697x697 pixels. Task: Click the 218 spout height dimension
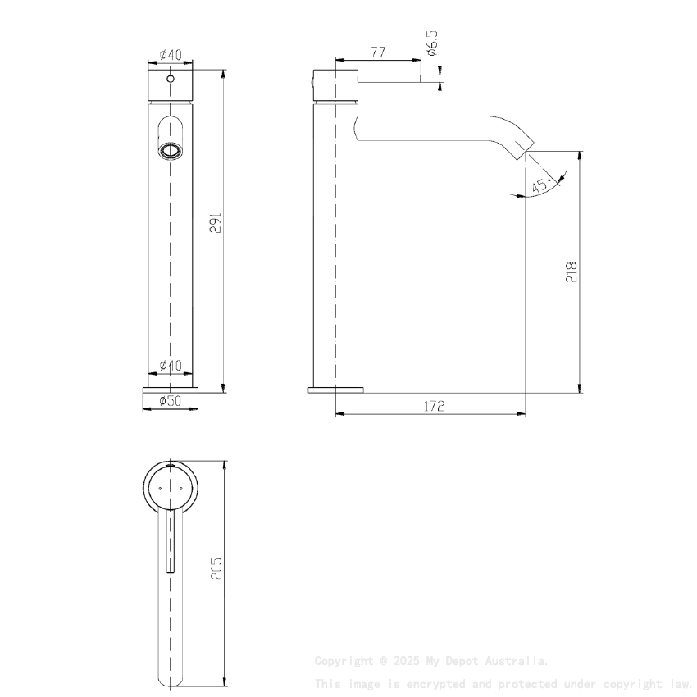point(572,271)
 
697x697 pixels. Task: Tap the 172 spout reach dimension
point(434,406)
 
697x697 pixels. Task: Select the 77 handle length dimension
point(378,52)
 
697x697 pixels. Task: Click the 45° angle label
point(541,185)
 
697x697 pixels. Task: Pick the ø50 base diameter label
point(170,401)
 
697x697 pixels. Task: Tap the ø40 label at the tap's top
point(171,54)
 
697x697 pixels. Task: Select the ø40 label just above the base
point(171,365)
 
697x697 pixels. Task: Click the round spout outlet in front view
point(171,151)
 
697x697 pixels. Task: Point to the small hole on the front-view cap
point(171,80)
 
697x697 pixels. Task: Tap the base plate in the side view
point(335,389)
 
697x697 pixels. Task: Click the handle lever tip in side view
point(421,79)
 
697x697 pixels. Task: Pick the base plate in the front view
point(171,389)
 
